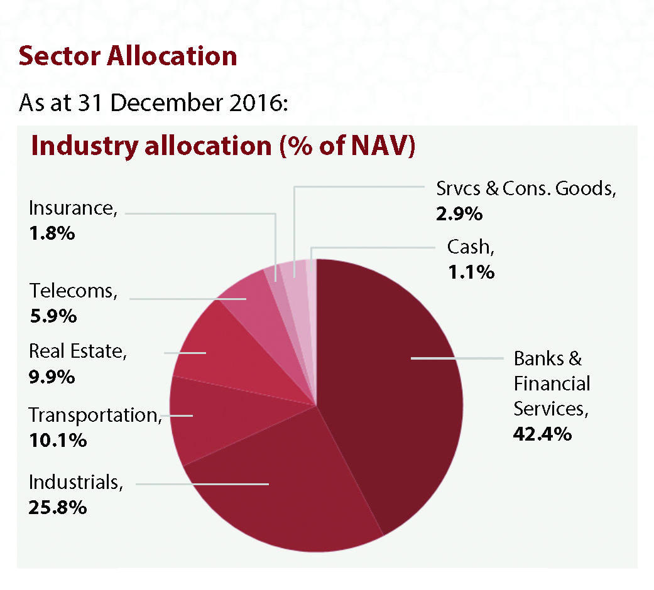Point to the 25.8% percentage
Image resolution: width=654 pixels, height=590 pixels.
point(57,507)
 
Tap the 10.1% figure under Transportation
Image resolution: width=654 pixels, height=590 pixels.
point(57,440)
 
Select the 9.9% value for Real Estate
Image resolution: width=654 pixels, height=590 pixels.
point(52,377)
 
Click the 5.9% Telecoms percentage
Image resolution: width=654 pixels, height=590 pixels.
point(53,315)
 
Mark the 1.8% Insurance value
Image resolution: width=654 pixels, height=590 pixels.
point(52,233)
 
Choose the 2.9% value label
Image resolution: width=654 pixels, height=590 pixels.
point(459,213)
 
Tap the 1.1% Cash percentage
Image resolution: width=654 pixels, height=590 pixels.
point(471,272)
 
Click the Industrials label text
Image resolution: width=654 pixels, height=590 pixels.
point(75,482)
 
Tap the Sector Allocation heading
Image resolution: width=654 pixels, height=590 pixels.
point(128,56)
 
